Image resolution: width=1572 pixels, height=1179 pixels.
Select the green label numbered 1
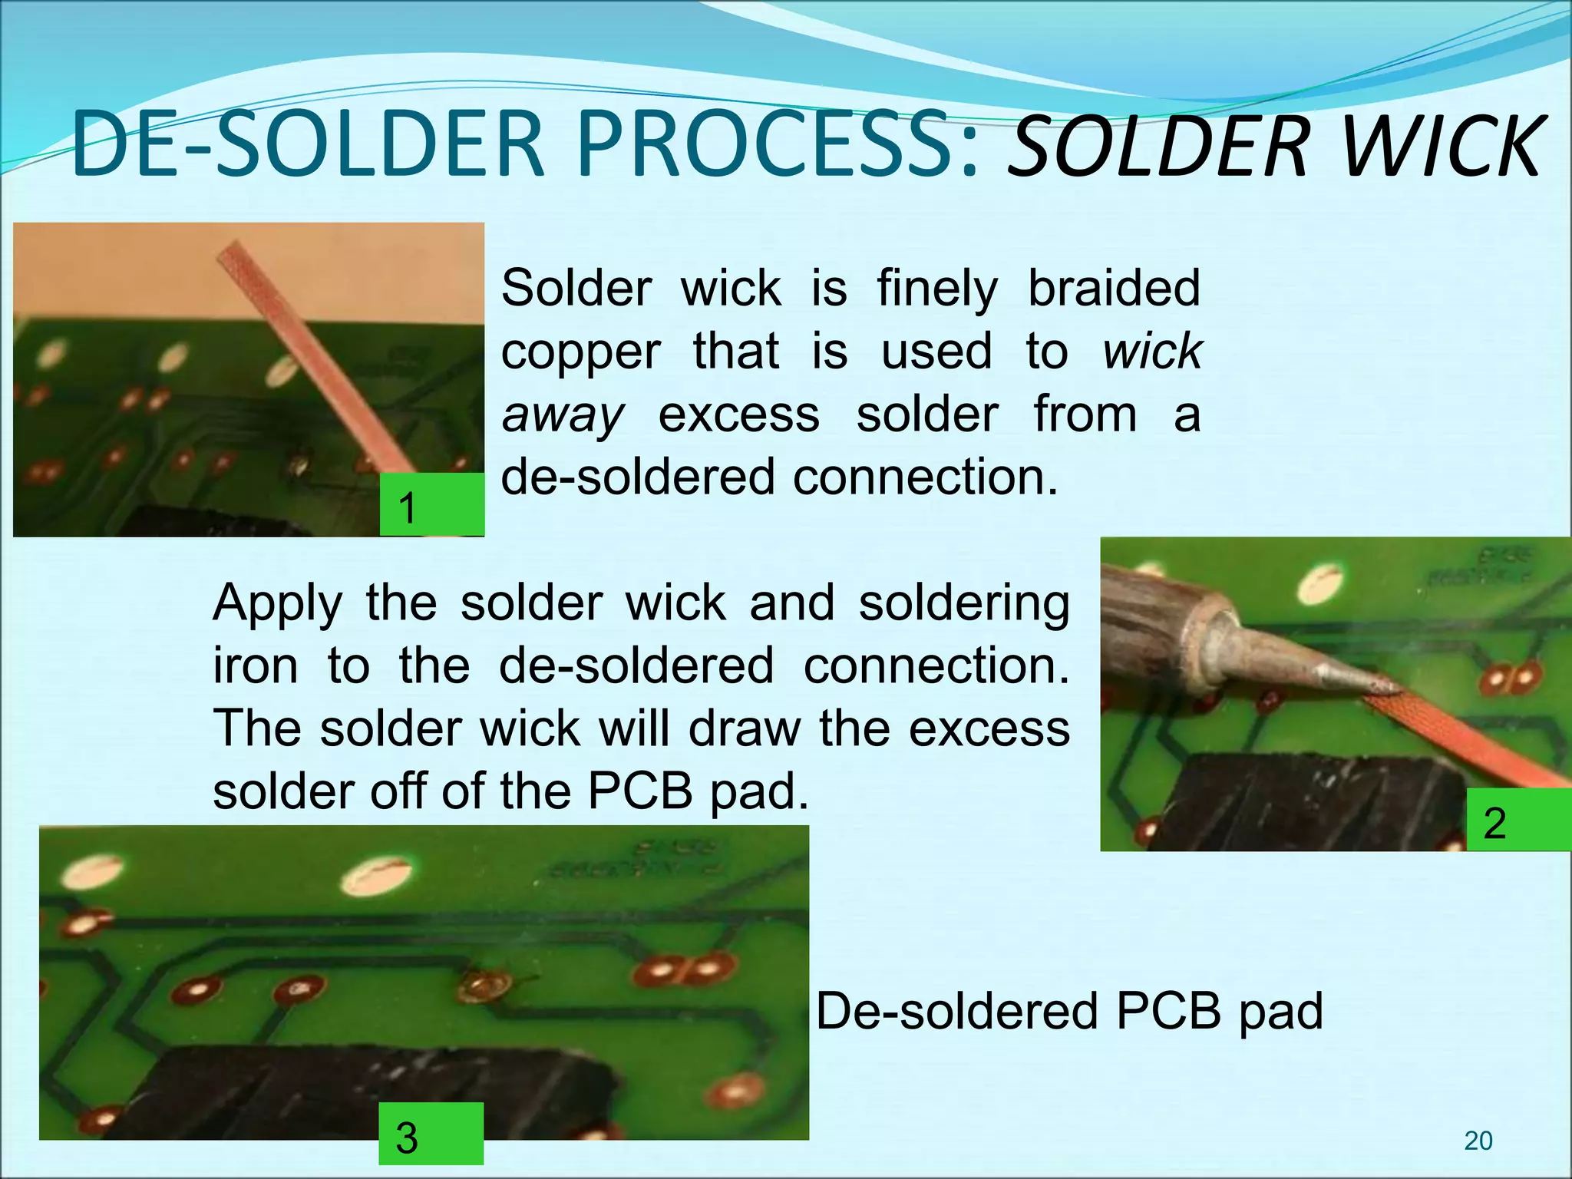coord(431,504)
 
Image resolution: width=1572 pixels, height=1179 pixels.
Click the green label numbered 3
coord(431,1134)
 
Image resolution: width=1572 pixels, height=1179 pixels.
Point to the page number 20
coord(1478,1141)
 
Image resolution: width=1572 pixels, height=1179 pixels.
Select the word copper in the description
coord(581,352)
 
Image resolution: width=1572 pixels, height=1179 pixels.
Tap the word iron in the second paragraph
coord(255,665)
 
